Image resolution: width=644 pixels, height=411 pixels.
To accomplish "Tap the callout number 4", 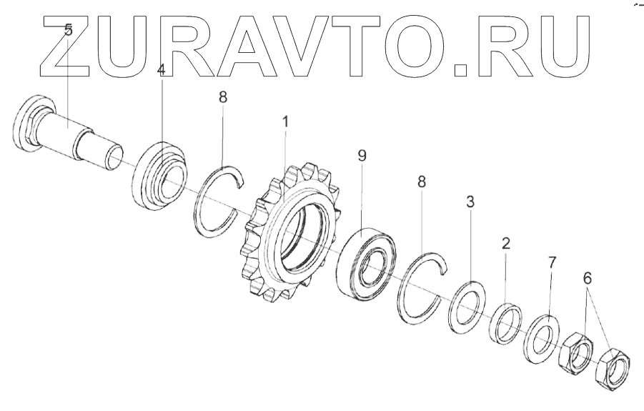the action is click(x=161, y=71).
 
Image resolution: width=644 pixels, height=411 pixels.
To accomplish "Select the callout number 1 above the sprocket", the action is click(x=285, y=122).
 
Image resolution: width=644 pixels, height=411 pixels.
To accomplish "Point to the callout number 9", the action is click(x=362, y=156).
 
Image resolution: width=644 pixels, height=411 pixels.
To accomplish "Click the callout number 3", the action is click(x=470, y=202).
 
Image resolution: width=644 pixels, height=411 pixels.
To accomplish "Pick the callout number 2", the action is click(x=505, y=243).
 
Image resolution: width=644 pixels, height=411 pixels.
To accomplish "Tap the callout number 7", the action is click(x=552, y=262).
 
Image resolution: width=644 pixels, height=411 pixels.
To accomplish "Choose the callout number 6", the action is click(x=588, y=279).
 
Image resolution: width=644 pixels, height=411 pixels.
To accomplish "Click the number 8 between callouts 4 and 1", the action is click(x=223, y=97).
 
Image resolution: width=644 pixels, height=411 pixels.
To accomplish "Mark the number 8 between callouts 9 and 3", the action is click(x=422, y=182).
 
